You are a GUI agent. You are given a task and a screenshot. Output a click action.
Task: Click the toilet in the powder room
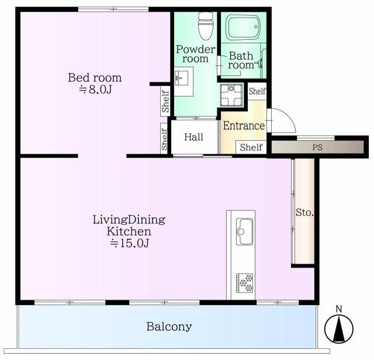click(x=206, y=26)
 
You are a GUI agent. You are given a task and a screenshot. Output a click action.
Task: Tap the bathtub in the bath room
click(x=243, y=27)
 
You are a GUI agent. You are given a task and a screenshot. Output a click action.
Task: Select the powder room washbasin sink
click(x=181, y=78)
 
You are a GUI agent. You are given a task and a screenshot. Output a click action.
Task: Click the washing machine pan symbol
click(x=231, y=95)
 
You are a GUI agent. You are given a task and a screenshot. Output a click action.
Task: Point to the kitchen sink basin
click(x=244, y=231)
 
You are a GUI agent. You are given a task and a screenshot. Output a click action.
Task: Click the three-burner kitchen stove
click(x=244, y=283)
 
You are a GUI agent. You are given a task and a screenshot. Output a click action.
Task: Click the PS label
click(x=317, y=147)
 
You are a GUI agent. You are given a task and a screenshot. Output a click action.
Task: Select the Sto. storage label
click(x=304, y=212)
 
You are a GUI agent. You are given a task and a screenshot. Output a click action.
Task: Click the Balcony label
click(x=169, y=327)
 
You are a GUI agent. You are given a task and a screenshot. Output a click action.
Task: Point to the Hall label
click(x=193, y=137)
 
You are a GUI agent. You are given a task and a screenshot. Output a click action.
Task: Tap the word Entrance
click(x=244, y=126)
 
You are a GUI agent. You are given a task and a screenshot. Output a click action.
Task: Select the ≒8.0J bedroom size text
click(x=95, y=89)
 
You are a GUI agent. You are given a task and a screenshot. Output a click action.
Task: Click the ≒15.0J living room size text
click(x=130, y=243)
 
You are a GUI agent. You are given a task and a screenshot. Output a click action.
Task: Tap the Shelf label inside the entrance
click(x=251, y=147)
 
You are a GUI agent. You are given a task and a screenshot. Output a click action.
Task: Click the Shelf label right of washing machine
click(x=257, y=91)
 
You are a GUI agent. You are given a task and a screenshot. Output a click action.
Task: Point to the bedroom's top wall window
click(x=113, y=9)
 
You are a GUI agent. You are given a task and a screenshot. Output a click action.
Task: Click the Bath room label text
click(x=241, y=61)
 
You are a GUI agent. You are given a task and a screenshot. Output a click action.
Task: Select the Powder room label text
click(x=195, y=54)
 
